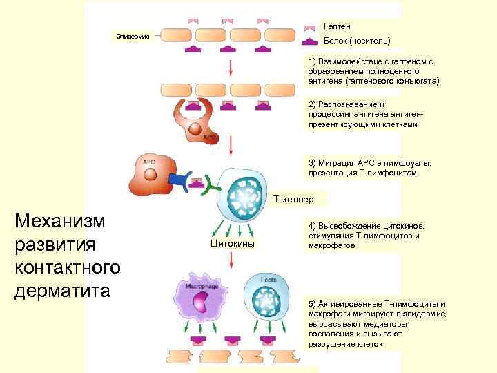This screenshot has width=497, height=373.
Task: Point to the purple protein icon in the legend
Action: pyautogui.click(x=310, y=41)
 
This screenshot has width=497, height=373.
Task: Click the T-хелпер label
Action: pyautogui.click(x=293, y=200)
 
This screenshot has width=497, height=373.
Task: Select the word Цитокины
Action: pyautogui.click(x=232, y=243)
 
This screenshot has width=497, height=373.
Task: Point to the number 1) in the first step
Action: pyautogui.click(x=313, y=61)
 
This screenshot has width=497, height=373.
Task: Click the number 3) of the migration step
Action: pyautogui.click(x=313, y=163)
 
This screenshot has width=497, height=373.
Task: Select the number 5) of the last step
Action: pyautogui.click(x=313, y=304)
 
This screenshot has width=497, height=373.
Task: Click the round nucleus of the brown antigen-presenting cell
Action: pyautogui.click(x=197, y=128)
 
